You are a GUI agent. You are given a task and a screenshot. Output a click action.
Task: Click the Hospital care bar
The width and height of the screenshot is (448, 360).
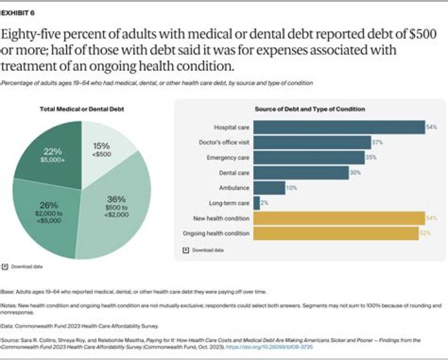338,127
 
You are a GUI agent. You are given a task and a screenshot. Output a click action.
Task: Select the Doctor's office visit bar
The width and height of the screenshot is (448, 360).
312,142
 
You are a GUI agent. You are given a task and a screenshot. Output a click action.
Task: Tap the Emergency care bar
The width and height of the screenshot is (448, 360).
309,157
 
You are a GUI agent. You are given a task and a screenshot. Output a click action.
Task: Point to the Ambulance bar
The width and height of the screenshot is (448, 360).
269,188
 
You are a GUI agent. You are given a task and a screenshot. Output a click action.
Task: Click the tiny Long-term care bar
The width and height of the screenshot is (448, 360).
256,203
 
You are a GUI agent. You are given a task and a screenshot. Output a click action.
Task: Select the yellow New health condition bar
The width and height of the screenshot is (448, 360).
338,218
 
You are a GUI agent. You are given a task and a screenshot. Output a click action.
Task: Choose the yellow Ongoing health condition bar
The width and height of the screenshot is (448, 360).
336,233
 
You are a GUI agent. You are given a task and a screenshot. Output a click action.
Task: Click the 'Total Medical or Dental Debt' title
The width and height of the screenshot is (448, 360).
82,109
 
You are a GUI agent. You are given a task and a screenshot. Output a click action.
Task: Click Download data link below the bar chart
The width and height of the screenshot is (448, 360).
203,251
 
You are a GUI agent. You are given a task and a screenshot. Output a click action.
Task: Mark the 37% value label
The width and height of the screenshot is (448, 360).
377,142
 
